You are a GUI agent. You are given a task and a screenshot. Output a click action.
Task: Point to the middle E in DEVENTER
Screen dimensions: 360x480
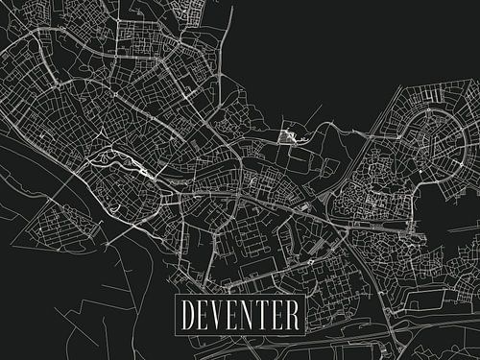[x=236, y=314]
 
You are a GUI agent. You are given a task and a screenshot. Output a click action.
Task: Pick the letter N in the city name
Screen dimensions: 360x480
[x=252, y=314]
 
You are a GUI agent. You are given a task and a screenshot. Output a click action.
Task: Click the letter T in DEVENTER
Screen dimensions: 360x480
[x=268, y=314]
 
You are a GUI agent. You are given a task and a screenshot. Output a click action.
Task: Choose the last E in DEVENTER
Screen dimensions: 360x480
[x=282, y=314]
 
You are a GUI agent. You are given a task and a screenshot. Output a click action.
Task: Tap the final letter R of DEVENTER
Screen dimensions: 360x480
[x=297, y=314]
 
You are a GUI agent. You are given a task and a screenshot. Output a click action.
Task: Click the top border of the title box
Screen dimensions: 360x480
[x=241, y=295]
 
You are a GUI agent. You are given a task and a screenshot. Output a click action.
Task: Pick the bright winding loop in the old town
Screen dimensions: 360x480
[x=120, y=165]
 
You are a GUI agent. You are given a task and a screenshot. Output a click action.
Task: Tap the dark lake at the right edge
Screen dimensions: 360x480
[x=461, y=206]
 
